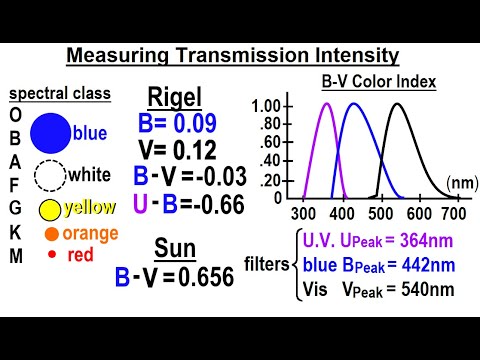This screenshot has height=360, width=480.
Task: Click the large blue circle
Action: click(50, 134)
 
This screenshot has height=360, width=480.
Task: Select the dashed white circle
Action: click(49, 176)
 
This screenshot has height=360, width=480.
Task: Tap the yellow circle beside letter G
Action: click(49, 209)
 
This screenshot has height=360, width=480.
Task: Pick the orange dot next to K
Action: click(50, 234)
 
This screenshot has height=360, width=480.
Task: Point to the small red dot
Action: click(50, 255)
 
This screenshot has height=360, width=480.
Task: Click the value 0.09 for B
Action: click(196, 128)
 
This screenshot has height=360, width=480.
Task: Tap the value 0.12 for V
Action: click(193, 152)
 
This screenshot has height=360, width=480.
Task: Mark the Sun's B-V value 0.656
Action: click(225, 277)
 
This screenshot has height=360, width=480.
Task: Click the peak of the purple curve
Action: click(325, 105)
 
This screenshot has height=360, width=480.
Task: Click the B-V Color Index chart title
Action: click(377, 82)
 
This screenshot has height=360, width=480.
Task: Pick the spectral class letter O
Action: click(15, 114)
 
